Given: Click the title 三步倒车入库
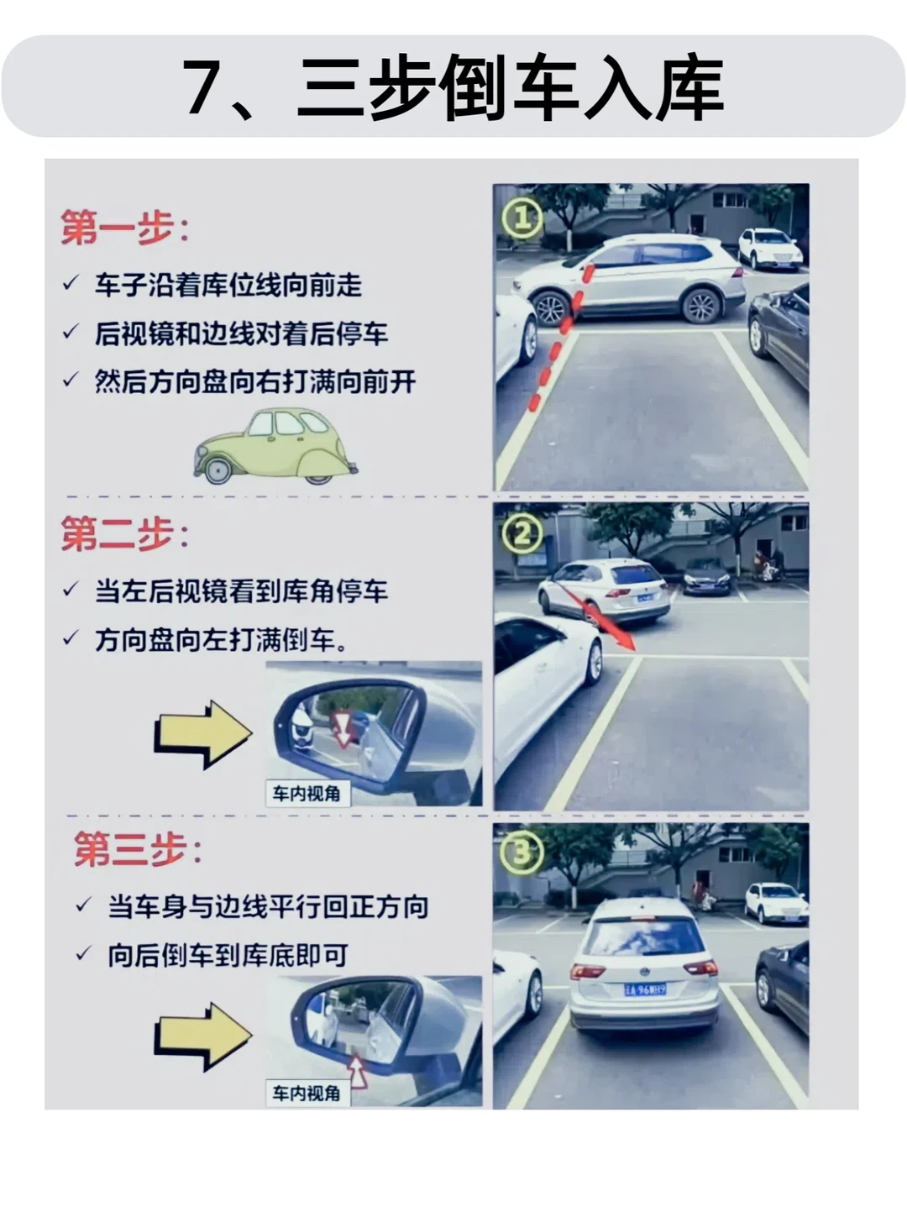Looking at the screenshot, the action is click(510, 87).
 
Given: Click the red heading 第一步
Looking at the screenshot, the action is click(117, 227).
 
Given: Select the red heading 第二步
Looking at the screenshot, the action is click(117, 533).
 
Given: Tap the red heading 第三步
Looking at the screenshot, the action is click(130, 849).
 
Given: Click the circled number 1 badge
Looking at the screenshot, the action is click(522, 218).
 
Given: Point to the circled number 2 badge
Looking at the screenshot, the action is click(522, 533).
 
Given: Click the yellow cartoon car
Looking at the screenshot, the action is click(275, 446).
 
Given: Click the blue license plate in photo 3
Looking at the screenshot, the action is click(645, 989).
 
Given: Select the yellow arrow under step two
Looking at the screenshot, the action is click(203, 734).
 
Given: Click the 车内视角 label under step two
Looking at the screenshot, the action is click(307, 794).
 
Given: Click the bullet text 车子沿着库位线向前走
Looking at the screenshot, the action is click(228, 286).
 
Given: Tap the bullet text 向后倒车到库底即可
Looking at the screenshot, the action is click(228, 956).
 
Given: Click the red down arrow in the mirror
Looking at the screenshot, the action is click(343, 729).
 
